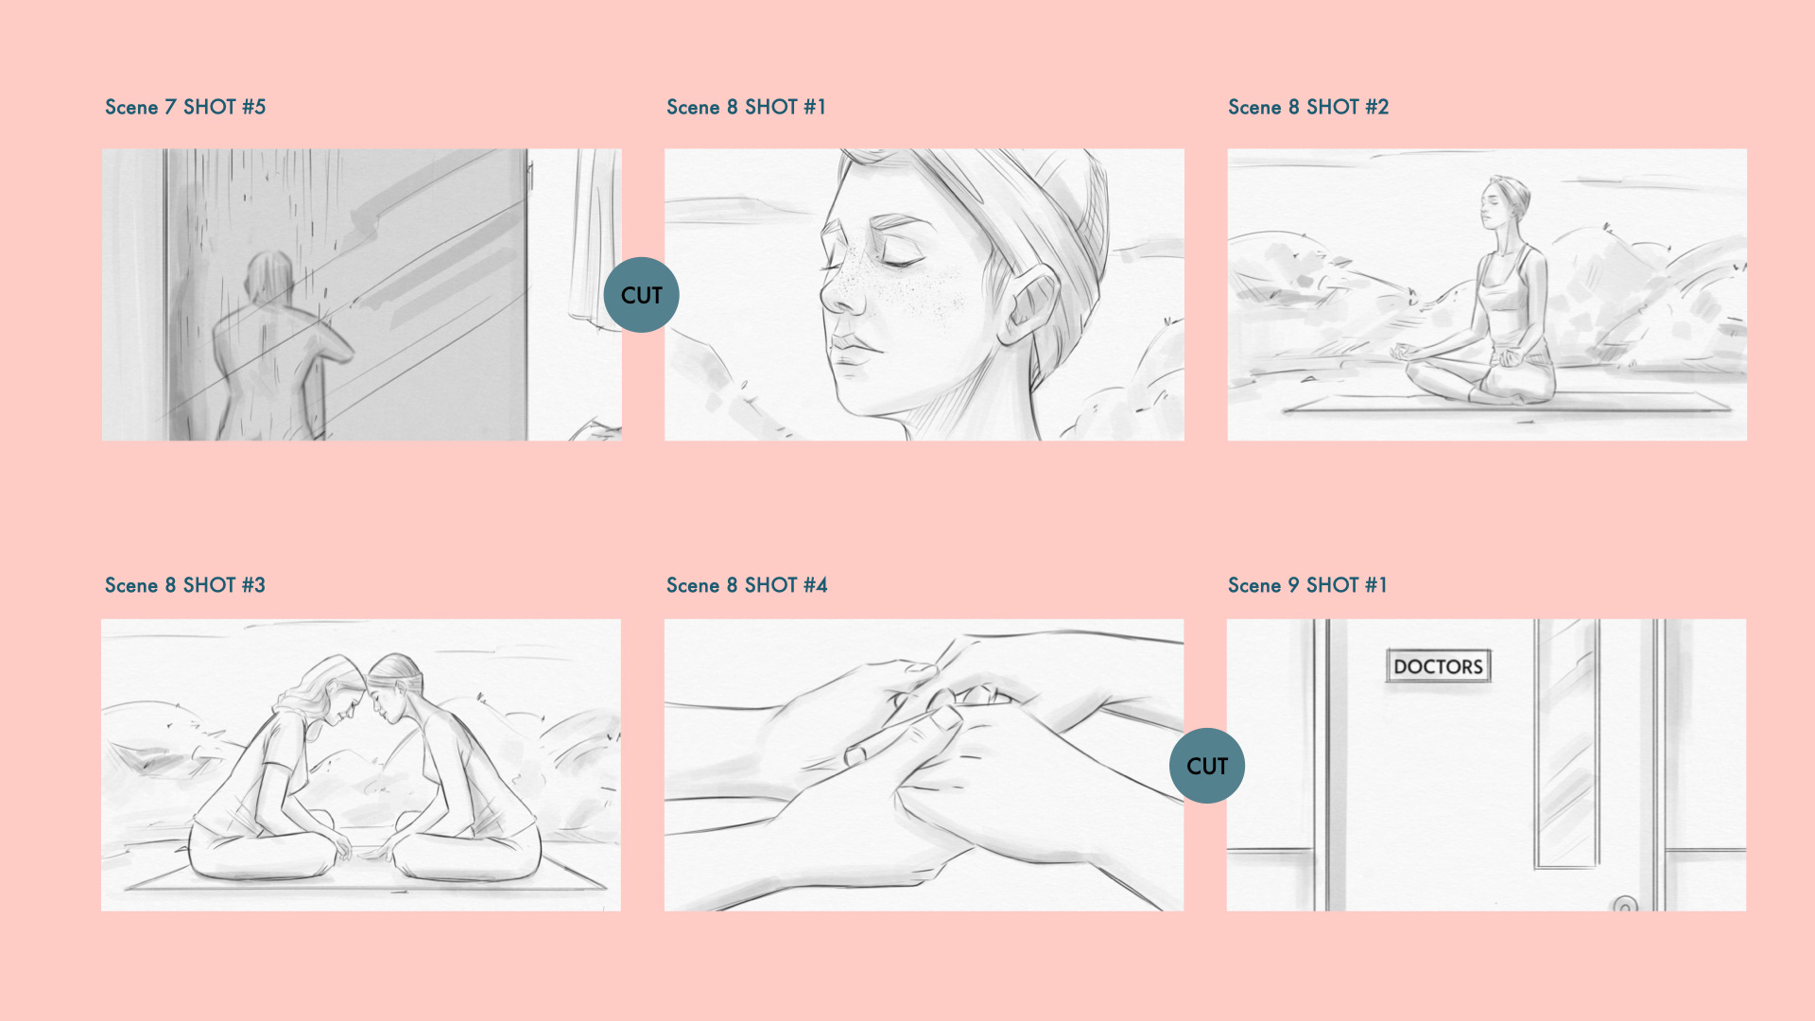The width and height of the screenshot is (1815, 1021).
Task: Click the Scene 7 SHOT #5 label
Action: [x=185, y=107]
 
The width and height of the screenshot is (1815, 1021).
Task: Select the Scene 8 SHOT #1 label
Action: [x=747, y=107]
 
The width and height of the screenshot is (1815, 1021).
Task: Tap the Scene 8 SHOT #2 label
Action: [x=1308, y=107]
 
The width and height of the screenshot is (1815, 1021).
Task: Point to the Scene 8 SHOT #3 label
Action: [x=185, y=585]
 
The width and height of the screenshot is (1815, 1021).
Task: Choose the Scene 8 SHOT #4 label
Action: [x=747, y=585]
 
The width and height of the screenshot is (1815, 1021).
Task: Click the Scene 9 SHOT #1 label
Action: [x=1308, y=585]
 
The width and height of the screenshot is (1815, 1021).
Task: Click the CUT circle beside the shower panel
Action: [x=641, y=295]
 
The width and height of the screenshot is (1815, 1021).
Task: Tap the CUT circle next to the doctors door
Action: [x=1207, y=766]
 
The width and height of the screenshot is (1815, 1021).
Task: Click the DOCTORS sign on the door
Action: [x=1438, y=666]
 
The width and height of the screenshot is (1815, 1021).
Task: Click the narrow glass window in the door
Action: [x=1566, y=743]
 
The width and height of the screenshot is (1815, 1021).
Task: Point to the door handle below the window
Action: [x=1624, y=905]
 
